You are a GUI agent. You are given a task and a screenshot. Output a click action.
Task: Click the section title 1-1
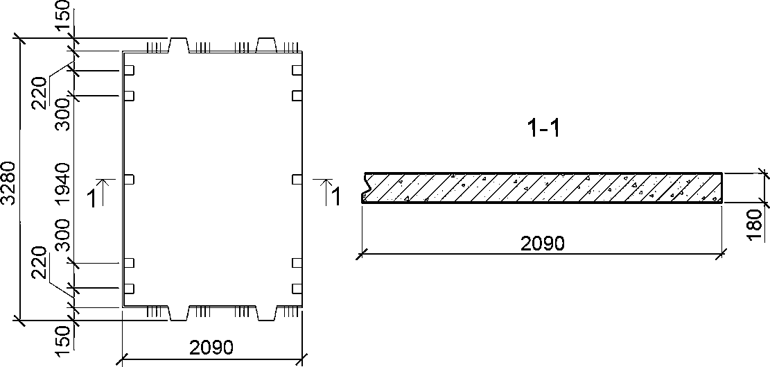(542, 129)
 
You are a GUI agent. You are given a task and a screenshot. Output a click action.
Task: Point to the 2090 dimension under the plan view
(211, 348)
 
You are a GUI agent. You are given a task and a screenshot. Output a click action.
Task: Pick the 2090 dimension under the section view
(542, 244)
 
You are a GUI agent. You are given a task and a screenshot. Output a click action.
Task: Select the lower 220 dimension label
(40, 263)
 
